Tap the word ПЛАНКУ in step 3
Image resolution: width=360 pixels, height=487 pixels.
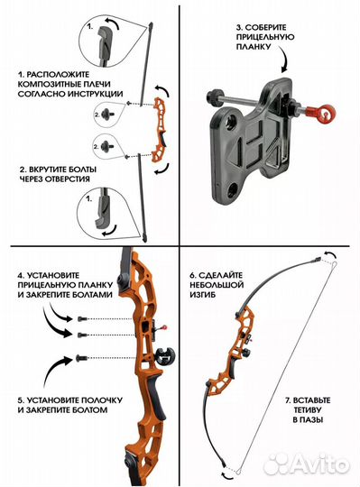coord(254,47)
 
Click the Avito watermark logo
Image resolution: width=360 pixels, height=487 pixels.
coord(306,465)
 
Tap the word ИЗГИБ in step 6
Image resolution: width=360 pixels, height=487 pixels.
coord(202,295)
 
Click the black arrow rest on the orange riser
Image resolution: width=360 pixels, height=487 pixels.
coord(164,356)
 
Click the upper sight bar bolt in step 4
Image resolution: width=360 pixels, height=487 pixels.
coord(80,319)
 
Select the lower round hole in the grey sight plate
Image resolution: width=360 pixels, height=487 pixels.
coord(233,189)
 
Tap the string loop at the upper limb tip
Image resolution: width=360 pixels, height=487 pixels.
coord(334,264)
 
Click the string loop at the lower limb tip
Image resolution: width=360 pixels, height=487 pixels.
coord(238,472)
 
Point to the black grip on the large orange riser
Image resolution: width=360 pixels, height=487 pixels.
coord(158,396)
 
